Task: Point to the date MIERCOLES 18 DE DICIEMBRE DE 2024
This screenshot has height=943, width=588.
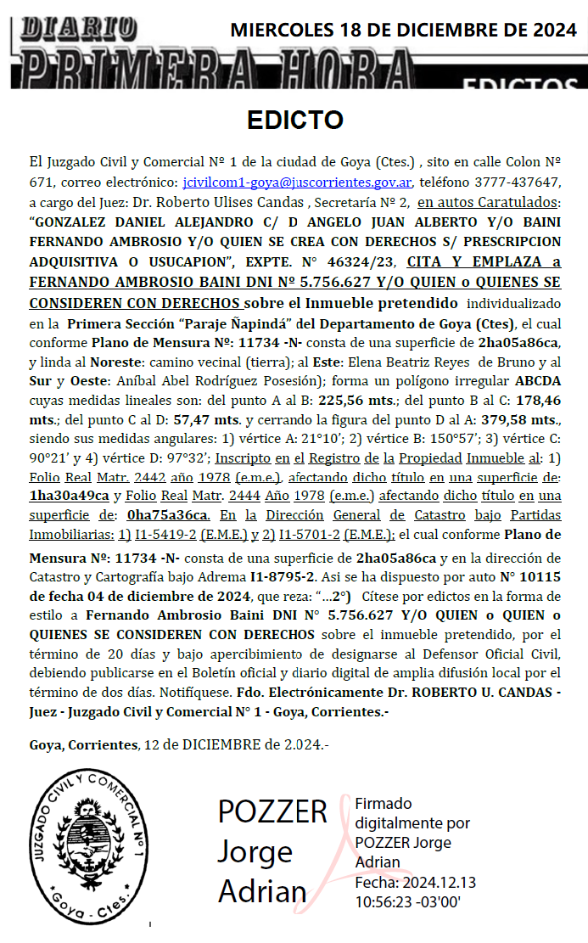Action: click(403, 31)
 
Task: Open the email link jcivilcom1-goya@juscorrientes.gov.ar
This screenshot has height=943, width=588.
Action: click(298, 182)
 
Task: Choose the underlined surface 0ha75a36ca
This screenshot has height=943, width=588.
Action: click(167, 515)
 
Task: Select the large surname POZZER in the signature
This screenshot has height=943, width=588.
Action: click(272, 811)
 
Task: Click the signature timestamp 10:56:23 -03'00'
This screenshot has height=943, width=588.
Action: click(407, 901)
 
